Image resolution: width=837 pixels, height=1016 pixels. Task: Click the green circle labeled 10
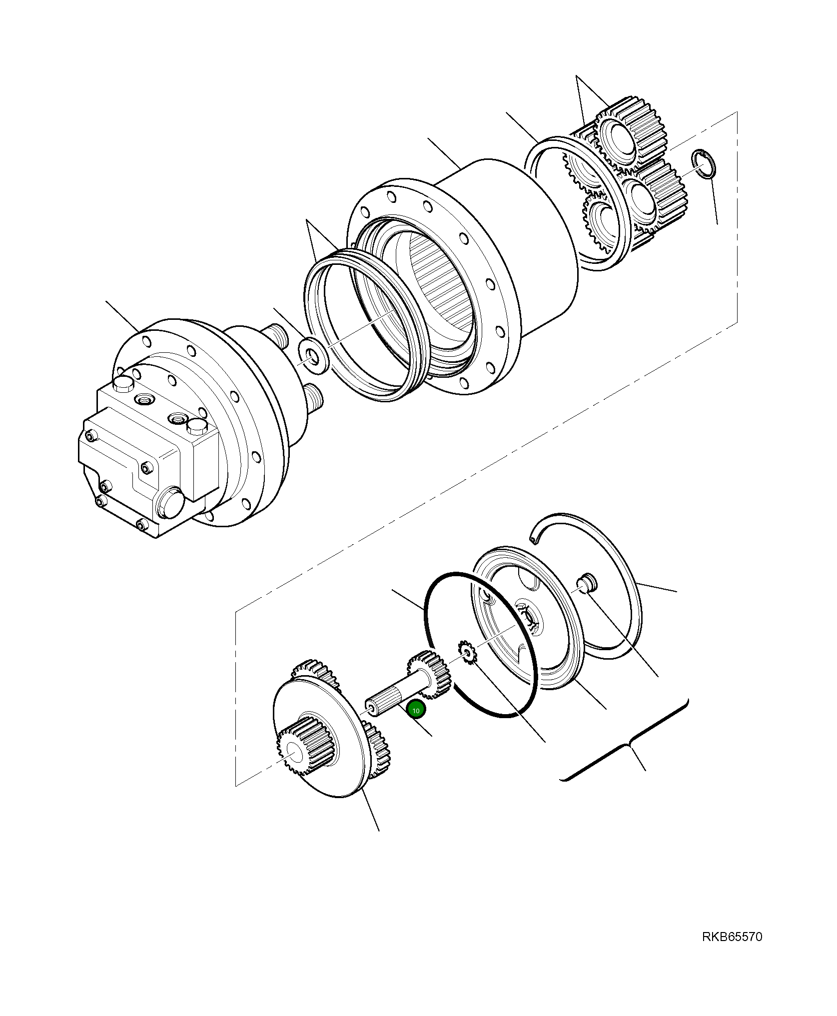[x=415, y=710]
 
